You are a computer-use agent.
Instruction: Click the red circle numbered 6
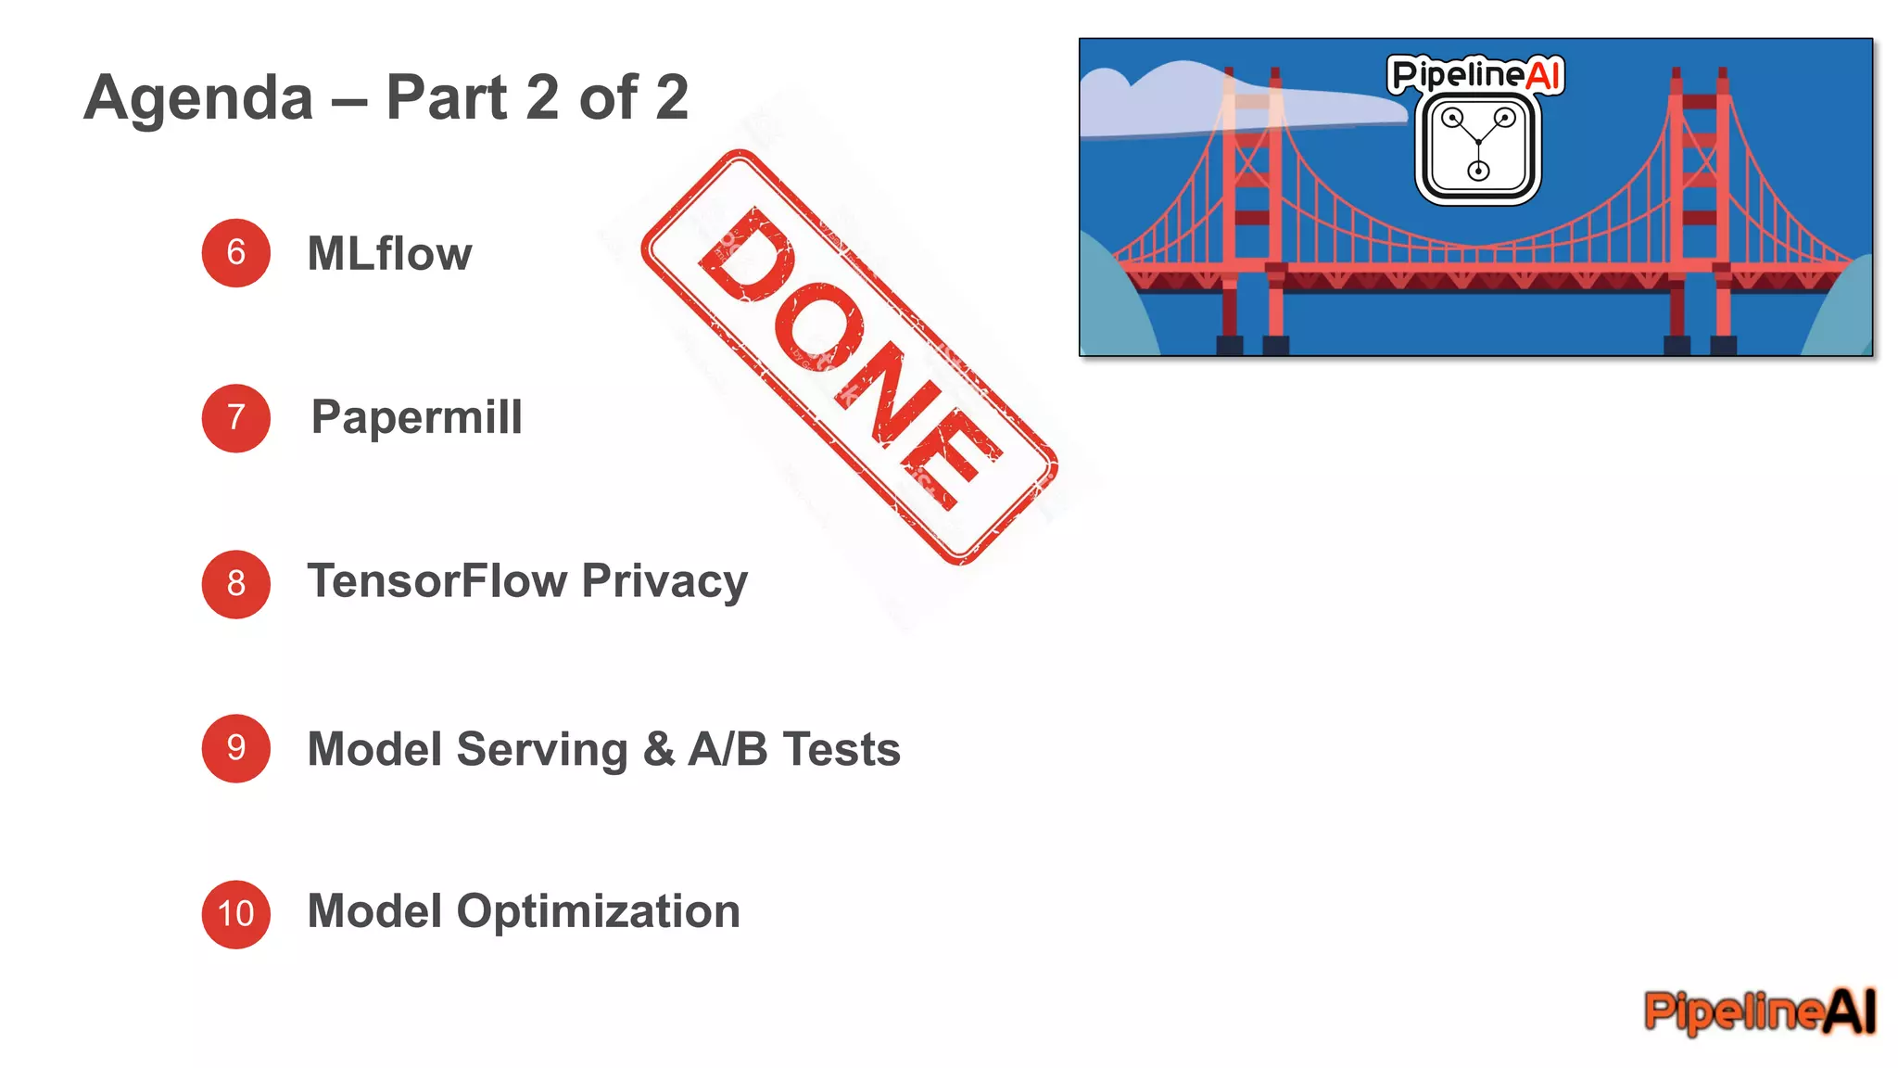(235, 253)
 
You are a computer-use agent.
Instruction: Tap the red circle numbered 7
(235, 418)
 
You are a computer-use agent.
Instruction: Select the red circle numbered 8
(235, 584)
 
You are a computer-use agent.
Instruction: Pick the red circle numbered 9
(235, 748)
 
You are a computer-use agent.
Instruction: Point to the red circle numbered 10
(235, 914)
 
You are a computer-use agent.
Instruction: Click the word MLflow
(389, 253)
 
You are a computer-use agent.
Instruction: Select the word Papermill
(416, 417)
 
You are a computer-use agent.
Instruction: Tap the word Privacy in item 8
(664, 582)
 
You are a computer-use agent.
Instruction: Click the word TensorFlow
(437, 582)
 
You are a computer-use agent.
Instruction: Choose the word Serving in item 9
(542, 749)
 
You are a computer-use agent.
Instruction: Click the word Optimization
(599, 912)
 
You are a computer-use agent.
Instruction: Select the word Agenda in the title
(199, 97)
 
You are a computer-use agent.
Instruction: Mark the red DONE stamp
(848, 357)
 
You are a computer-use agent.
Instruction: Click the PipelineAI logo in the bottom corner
(1759, 1011)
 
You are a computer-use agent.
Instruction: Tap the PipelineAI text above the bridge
(1475, 74)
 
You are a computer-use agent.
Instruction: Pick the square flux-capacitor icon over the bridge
(1478, 148)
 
